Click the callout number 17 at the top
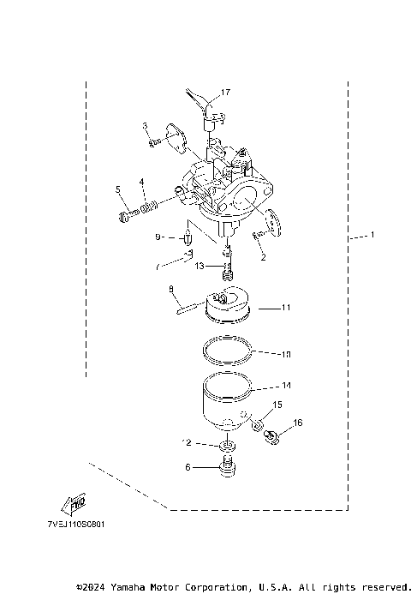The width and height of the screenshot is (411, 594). tap(226, 92)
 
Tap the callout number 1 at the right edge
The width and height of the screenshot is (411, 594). tap(372, 235)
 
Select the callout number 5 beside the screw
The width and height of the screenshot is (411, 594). tap(118, 189)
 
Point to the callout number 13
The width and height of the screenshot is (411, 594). tap(199, 267)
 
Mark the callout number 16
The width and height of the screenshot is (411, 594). tap(297, 423)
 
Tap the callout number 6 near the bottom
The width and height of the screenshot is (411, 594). tap(187, 467)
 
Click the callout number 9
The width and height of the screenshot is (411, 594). tap(158, 237)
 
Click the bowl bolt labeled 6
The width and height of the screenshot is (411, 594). tap(227, 468)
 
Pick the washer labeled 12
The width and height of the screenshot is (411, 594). tap(227, 447)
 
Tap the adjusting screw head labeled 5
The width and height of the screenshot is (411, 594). tap(122, 217)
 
